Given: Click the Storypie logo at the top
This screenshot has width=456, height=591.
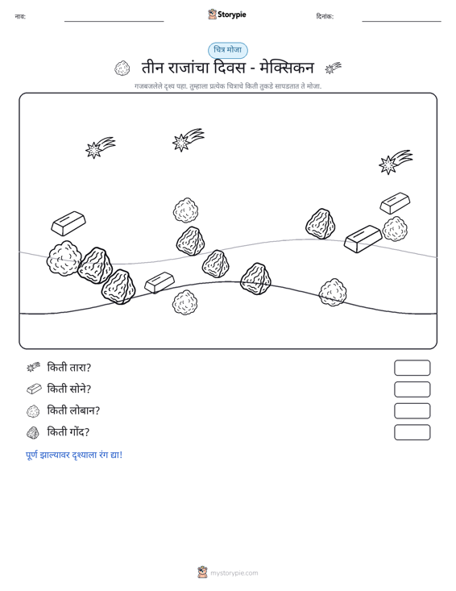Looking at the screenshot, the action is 227,15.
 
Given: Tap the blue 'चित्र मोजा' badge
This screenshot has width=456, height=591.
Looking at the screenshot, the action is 228,50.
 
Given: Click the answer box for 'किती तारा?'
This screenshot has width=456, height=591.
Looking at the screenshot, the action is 412,368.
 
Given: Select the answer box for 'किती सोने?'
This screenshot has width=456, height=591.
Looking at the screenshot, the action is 412,389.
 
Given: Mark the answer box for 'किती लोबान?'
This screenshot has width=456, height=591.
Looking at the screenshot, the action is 412,411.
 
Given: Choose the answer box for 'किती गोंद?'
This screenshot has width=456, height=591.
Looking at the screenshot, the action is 412,432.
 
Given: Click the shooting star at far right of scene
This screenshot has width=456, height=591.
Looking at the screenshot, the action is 396,162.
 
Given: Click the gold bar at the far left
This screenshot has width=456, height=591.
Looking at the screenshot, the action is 68,223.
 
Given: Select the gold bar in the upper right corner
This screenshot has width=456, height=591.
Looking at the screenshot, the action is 395,203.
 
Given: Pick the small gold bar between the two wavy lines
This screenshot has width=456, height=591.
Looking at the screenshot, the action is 160,282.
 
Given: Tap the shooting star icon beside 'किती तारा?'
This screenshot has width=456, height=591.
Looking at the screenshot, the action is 34,367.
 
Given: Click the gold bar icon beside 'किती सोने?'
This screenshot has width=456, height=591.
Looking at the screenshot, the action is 34,389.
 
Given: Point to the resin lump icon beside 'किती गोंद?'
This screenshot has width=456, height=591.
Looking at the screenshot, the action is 33,433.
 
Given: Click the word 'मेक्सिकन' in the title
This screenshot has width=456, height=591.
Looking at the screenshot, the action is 287,68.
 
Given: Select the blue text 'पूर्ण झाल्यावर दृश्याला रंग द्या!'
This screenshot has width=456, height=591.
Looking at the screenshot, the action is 74,455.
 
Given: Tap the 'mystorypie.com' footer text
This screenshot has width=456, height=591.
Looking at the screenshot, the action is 234,573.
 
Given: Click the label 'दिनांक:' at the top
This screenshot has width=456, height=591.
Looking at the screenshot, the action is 325,16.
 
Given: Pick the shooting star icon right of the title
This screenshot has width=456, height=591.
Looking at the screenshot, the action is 334,68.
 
